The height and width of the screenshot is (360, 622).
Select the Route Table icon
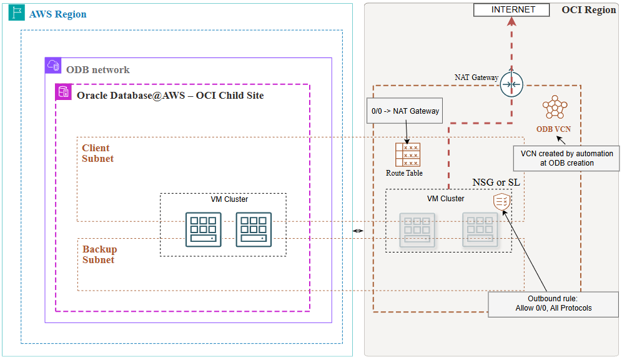click(407, 155)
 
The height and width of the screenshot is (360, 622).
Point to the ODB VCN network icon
click(553, 108)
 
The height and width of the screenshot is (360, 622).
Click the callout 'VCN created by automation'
click(566, 158)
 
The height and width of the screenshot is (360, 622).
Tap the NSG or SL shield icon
click(501, 202)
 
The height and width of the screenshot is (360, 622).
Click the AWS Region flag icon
click(17, 14)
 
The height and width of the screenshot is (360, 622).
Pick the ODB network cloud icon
click(53, 66)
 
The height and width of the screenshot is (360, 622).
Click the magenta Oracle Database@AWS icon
click(64, 92)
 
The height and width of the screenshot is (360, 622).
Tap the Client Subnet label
click(97, 153)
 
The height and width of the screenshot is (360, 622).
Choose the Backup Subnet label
click(99, 254)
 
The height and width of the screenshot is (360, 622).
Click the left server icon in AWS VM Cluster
click(204, 229)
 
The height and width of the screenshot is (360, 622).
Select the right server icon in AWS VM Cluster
click(254, 229)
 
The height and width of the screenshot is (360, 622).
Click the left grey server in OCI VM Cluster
click(417, 229)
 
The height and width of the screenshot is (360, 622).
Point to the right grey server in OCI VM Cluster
click(480, 229)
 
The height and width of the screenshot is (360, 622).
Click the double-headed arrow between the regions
click(358, 231)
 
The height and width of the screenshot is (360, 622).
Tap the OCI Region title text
click(588, 10)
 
